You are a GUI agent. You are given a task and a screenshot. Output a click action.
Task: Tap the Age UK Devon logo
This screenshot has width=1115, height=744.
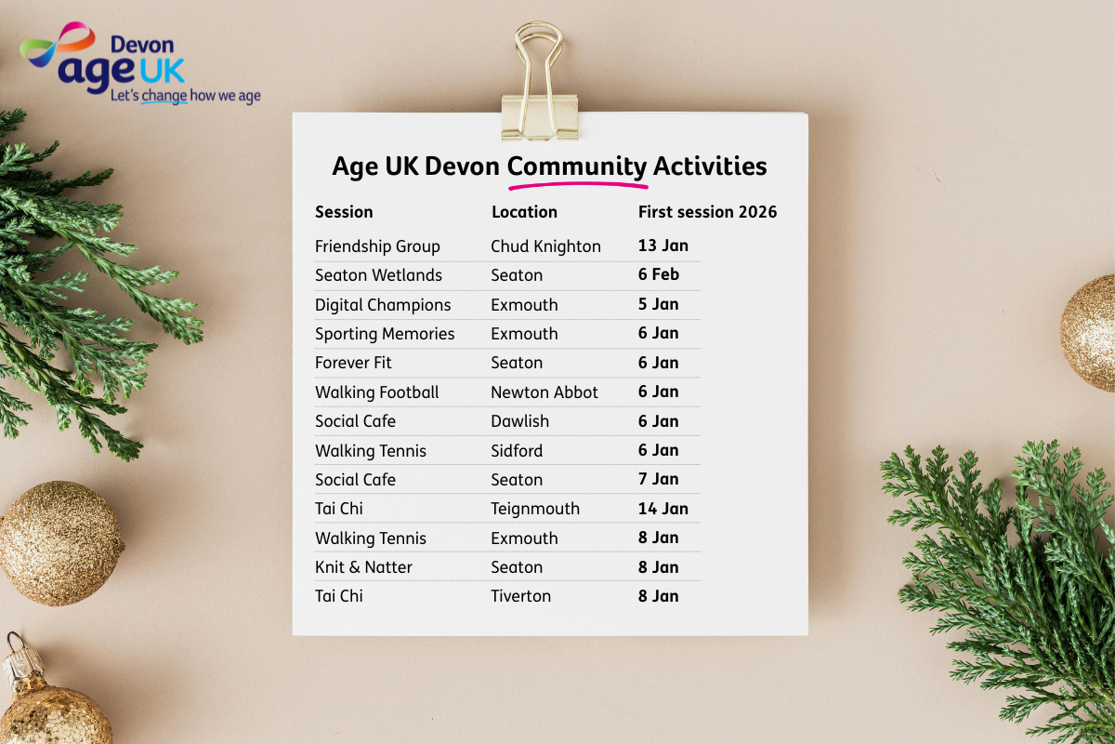pyautogui.click(x=140, y=62)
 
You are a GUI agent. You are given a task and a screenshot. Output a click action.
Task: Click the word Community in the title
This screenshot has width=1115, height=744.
pyautogui.click(x=577, y=166)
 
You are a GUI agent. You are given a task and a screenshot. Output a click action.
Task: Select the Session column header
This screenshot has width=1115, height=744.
pyautogui.click(x=344, y=212)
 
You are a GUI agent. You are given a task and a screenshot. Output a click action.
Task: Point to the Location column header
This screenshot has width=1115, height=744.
pyautogui.click(x=524, y=212)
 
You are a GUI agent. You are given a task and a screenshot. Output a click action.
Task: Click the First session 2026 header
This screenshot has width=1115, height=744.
pyautogui.click(x=707, y=212)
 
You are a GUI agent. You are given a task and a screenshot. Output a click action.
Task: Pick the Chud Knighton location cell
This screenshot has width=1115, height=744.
pyautogui.click(x=545, y=246)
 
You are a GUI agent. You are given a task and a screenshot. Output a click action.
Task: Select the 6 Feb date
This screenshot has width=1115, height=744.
pyautogui.click(x=659, y=274)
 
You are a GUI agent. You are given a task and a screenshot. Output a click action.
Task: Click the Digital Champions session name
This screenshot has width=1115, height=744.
pyautogui.click(x=383, y=305)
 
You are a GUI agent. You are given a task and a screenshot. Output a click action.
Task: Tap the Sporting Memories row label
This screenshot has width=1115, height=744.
pyautogui.click(x=385, y=334)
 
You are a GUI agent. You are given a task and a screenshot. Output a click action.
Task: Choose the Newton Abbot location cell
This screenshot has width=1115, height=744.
pyautogui.click(x=544, y=392)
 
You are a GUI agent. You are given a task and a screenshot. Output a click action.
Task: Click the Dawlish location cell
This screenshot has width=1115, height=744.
pyautogui.click(x=519, y=421)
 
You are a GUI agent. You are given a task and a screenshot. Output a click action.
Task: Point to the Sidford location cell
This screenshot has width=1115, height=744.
pyautogui.click(x=517, y=450)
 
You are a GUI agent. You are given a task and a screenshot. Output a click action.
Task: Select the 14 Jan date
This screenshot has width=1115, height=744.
pyautogui.click(x=663, y=509)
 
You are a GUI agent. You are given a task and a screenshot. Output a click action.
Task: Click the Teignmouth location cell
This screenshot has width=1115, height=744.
pyautogui.click(x=535, y=509)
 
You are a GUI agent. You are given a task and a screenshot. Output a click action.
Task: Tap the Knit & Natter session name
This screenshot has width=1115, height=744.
pyautogui.click(x=363, y=567)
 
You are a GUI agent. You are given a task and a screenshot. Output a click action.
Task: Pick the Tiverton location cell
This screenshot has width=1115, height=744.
pyautogui.click(x=520, y=596)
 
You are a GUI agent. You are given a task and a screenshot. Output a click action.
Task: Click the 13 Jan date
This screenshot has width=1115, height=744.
pyautogui.click(x=663, y=246)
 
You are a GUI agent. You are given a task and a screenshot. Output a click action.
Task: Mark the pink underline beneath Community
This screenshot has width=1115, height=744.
pyautogui.click(x=578, y=186)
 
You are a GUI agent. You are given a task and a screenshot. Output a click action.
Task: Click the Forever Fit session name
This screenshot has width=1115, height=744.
pyautogui.click(x=353, y=363)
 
